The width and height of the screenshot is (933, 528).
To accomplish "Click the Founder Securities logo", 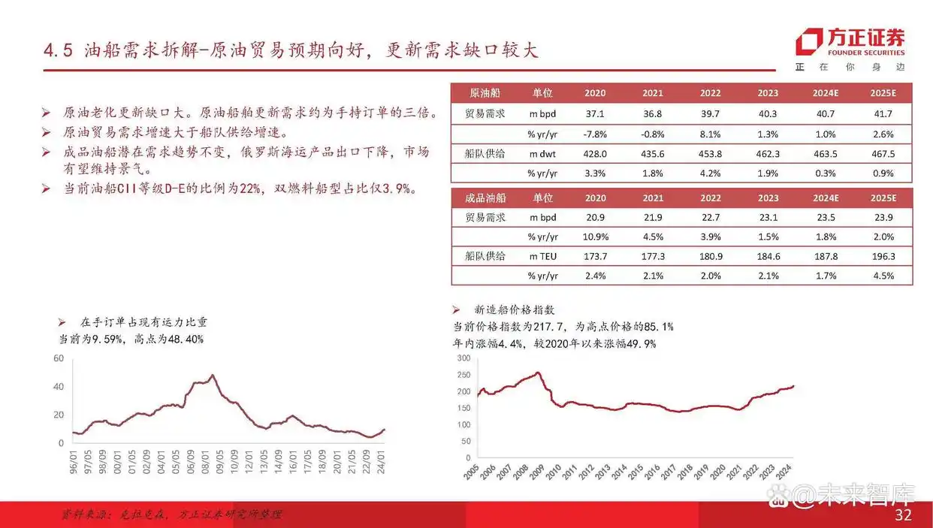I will pyautogui.click(x=850, y=42).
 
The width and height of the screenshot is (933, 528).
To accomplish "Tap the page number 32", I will pyautogui.click(x=903, y=515).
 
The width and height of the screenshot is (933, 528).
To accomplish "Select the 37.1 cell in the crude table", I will pyautogui.click(x=594, y=114).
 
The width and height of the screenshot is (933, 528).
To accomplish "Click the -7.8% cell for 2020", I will pyautogui.click(x=594, y=134).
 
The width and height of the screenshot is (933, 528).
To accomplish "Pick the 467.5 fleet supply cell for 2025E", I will pyautogui.click(x=883, y=153).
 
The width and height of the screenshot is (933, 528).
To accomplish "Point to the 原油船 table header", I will pyautogui.click(x=485, y=93).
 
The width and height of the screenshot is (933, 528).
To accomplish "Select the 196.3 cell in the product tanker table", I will pyautogui.click(x=883, y=257).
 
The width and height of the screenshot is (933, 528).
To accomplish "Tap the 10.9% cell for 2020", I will pyautogui.click(x=594, y=237).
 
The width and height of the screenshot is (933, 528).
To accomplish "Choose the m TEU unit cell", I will pyautogui.click(x=542, y=257).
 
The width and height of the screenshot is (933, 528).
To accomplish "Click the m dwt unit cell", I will pyautogui.click(x=542, y=153).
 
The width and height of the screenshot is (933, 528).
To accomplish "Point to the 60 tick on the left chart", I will pyautogui.click(x=59, y=358).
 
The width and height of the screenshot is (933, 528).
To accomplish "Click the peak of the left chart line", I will pyautogui.click(x=213, y=375).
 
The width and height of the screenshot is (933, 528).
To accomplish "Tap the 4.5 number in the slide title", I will pyautogui.click(x=57, y=52).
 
